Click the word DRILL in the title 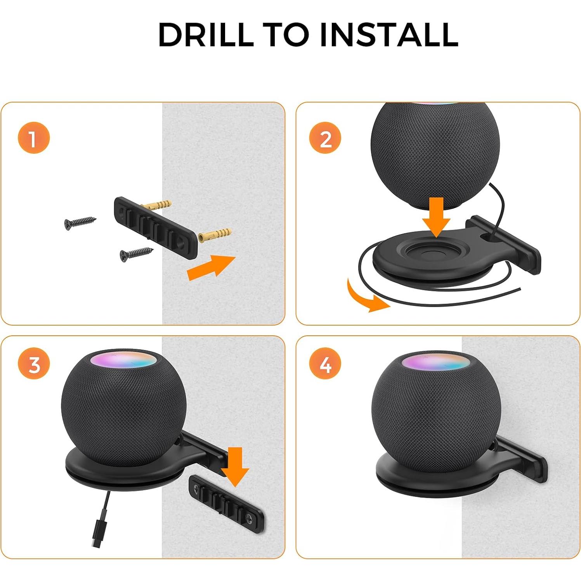pyautogui.click(x=206, y=35)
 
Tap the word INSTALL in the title pyautogui.click(x=389, y=35)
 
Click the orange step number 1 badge pyautogui.click(x=34, y=138)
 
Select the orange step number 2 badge pyautogui.click(x=325, y=138)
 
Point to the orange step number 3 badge pyautogui.click(x=34, y=364)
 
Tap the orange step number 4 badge pyautogui.click(x=325, y=364)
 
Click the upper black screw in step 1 pyautogui.click(x=80, y=223)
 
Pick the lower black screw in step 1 pyautogui.click(x=136, y=253)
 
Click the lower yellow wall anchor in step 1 pyautogui.click(x=215, y=234)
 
